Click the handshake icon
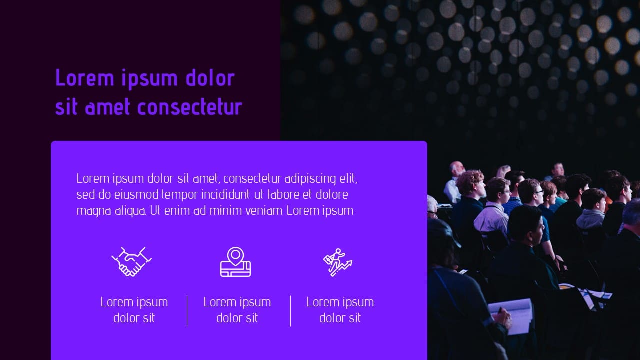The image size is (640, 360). coord(131,261)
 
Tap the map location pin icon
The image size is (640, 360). coord(235,262)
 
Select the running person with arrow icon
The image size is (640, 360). coord(338,262)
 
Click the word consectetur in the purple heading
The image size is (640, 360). coord(189,107)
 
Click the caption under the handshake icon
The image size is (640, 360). coord(134,310)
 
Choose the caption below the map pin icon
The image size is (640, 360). coord(237,310)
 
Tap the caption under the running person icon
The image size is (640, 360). coord(340,310)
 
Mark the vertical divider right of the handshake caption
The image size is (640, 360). coord(187,311)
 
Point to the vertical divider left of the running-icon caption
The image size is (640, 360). coord(291,311)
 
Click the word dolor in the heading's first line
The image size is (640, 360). coord(210,78)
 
